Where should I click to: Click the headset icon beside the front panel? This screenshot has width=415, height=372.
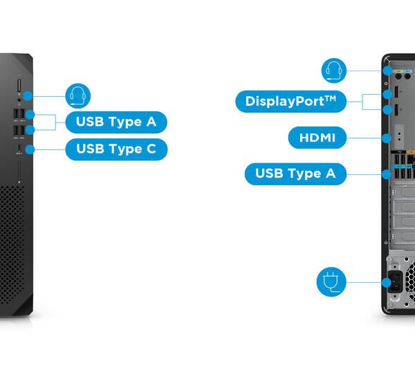tap(77, 95)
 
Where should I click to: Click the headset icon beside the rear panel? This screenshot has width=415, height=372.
tap(335, 70)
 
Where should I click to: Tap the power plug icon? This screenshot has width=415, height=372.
tap(330, 281)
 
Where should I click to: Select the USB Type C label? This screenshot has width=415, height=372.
tap(116, 149)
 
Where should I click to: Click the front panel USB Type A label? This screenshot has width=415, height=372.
tap(116, 122)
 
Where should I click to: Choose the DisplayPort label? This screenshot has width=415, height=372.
tap(290, 102)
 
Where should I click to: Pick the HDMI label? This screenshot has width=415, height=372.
tap(317, 138)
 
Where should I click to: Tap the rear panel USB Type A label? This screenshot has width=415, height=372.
tap(295, 174)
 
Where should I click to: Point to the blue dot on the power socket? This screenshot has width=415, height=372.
tap(385, 282)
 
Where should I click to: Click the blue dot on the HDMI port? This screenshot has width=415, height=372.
tap(385, 138)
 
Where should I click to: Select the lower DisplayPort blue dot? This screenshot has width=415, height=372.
tap(385, 109)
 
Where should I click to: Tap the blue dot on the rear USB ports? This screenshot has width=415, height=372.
tap(385, 174)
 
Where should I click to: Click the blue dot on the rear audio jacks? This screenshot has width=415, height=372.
tap(385, 71)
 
